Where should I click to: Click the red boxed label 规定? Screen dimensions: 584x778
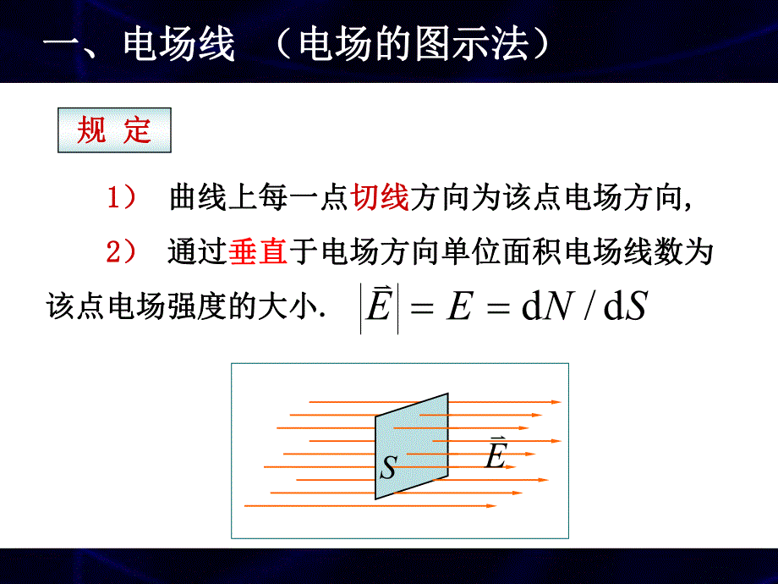[114, 130]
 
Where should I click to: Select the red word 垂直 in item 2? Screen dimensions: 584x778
[258, 251]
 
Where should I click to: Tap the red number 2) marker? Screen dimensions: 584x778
[121, 252]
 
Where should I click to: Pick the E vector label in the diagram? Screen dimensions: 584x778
[495, 455]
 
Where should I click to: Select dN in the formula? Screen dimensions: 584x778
[544, 308]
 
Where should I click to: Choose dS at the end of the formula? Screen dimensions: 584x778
[625, 308]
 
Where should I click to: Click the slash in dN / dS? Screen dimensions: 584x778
[584, 308]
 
